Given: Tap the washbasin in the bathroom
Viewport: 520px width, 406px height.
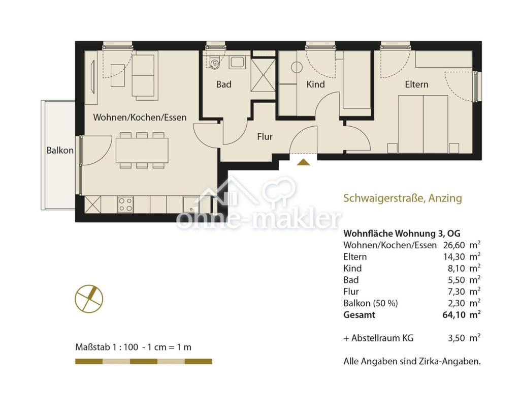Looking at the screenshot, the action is [x=237, y=63].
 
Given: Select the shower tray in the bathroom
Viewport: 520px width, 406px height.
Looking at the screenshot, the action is [x=263, y=75].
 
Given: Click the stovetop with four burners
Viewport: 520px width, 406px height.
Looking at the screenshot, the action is [x=126, y=205].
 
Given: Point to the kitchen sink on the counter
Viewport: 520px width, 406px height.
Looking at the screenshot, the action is [x=191, y=205].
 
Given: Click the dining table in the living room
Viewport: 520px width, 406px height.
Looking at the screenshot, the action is [x=142, y=151].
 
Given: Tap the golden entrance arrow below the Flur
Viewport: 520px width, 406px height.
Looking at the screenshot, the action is [x=303, y=162].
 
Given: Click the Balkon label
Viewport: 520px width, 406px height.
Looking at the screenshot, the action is [x=60, y=151].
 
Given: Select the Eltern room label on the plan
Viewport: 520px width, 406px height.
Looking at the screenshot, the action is [x=416, y=84].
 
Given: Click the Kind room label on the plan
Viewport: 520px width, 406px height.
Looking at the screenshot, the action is [x=315, y=84].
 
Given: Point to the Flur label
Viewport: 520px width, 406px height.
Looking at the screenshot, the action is [x=265, y=136].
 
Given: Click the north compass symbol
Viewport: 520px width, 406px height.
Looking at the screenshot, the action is [x=89, y=299].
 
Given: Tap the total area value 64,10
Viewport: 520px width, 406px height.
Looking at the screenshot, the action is [x=453, y=314].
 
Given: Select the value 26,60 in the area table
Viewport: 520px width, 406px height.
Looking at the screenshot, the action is [x=454, y=245].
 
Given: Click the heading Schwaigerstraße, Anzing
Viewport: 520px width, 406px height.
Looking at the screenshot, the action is [x=403, y=198].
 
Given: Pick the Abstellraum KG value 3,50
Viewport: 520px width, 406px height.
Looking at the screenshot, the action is [x=457, y=338].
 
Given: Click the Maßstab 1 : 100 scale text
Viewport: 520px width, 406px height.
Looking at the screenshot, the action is [x=107, y=347].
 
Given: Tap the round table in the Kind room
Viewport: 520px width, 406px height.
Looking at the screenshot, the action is [x=297, y=68].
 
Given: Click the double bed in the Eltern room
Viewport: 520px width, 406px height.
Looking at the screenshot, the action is [x=423, y=124].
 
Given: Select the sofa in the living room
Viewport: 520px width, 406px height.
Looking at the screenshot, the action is [x=143, y=76].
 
